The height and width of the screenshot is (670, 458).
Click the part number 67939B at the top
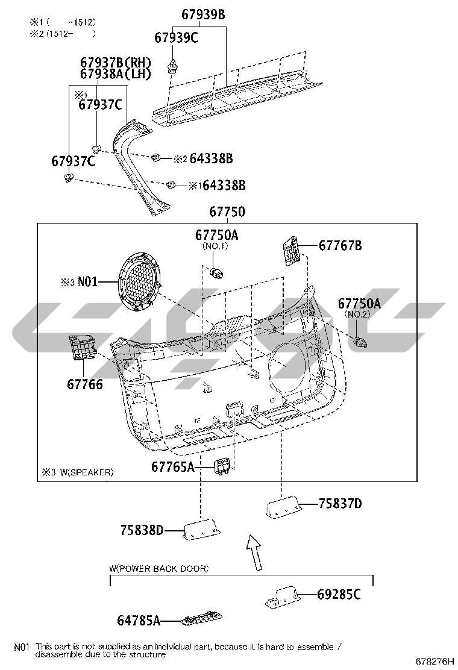203,14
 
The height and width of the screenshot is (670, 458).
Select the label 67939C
176,37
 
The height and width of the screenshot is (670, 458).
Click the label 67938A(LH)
115,74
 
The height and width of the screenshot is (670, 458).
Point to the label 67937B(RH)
115,62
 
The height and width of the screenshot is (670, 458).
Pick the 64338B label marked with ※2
211,158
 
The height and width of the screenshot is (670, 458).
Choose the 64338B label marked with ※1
224,186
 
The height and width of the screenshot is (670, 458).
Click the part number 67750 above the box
227,211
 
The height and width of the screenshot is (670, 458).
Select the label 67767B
340,246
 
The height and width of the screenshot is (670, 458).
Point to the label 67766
85,384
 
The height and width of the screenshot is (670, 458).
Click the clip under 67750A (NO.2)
360,342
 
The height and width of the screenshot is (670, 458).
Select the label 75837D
340,503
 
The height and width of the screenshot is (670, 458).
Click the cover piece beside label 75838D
202,530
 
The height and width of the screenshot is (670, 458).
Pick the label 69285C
339,594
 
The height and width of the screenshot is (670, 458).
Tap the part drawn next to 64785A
201,618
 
